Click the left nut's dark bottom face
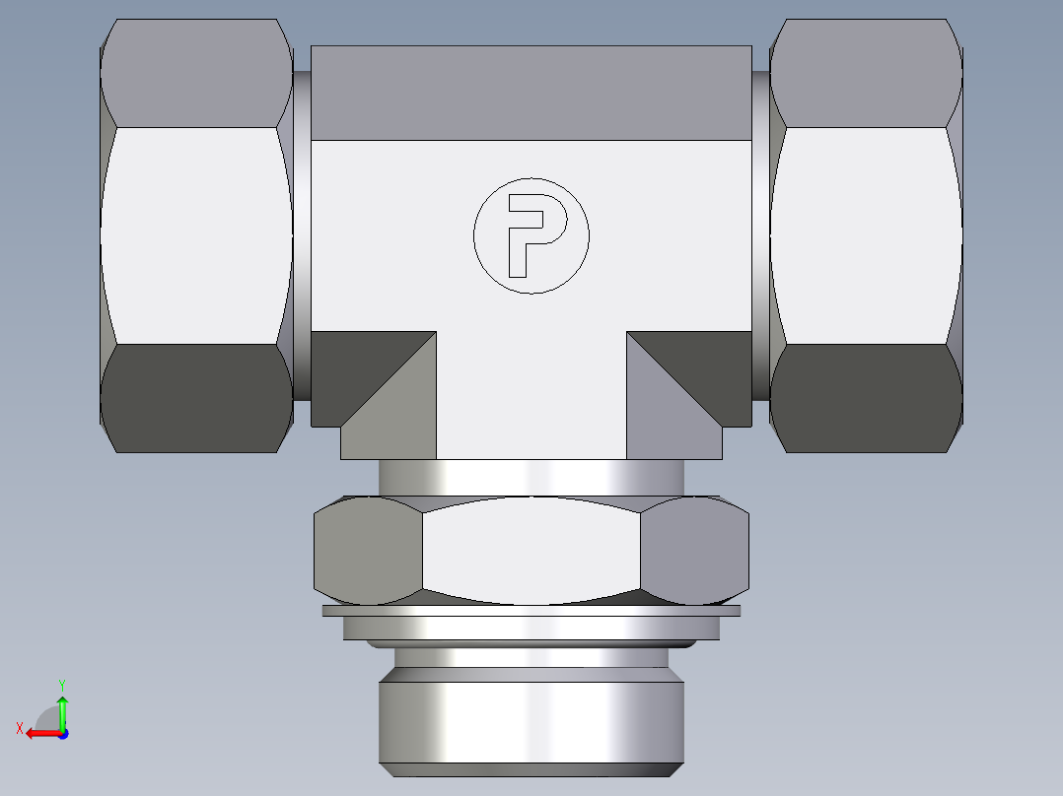pos(195,398)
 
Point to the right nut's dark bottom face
pos(866,398)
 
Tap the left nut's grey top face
pos(195,73)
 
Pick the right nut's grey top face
pos(866,73)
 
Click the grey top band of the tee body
pos(531,93)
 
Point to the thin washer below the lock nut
pos(531,611)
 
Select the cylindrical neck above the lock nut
pos(531,477)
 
